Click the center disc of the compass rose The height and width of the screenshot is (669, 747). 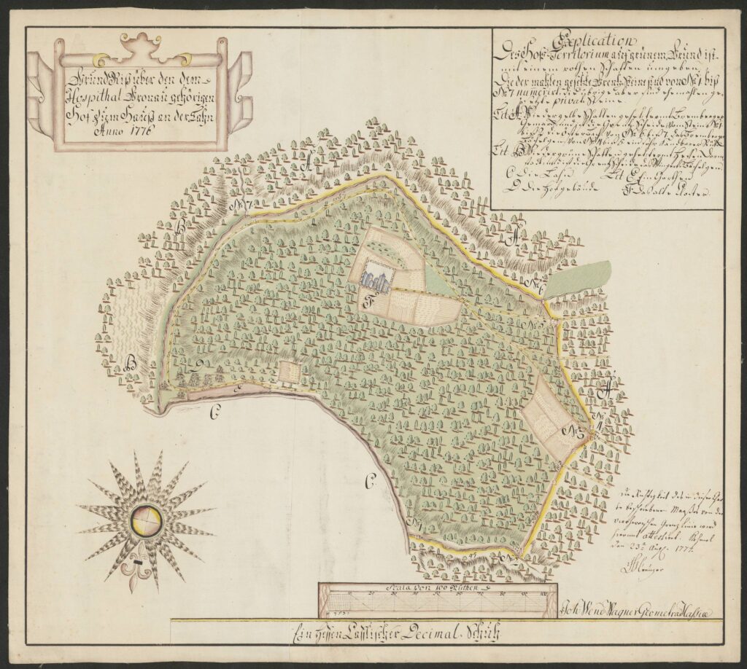pyautogui.click(x=147, y=520)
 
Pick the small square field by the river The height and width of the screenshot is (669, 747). pyautogui.click(x=289, y=372)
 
